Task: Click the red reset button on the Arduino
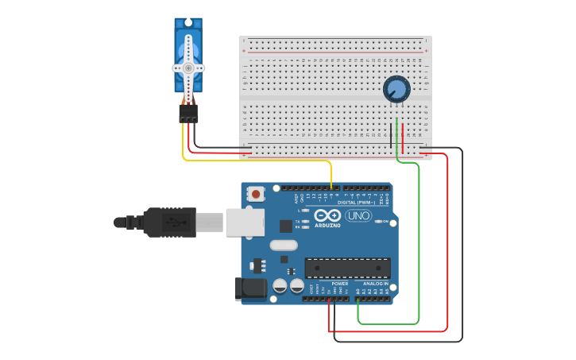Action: [256, 193]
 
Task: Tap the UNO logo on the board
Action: [358, 215]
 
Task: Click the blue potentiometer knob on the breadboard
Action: [396, 89]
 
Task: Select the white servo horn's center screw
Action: [188, 68]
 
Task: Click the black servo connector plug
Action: [188, 114]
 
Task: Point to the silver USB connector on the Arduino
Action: [244, 222]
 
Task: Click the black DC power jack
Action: [252, 288]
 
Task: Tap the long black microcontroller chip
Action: [347, 268]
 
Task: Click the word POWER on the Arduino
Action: [339, 284]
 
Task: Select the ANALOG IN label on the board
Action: [376, 284]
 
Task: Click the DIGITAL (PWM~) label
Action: [357, 202]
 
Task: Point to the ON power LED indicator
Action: [378, 222]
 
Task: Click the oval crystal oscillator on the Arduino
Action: [284, 246]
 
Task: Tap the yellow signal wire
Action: [262, 161]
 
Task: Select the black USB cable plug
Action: [168, 223]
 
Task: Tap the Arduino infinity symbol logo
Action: [327, 215]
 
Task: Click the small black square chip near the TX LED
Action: [285, 226]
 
